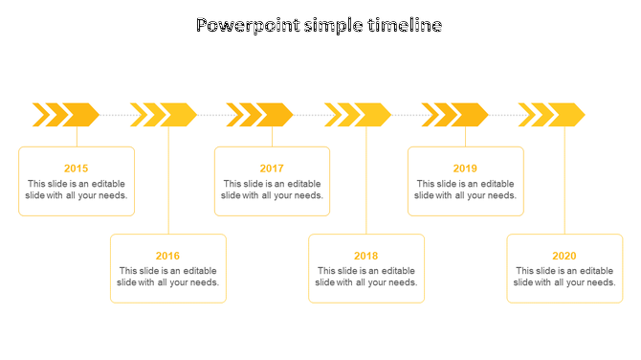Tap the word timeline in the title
[405, 26]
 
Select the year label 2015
[77, 169]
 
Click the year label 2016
[167, 256]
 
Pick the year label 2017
[272, 169]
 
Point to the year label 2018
[365, 256]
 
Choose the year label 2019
[465, 169]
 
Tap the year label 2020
[564, 256]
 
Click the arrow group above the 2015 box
[66, 115]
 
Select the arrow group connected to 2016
[164, 115]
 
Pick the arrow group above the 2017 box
[260, 115]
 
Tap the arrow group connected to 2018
[359, 115]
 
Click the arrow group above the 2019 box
[455, 115]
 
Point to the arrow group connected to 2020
[552, 115]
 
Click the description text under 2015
[77, 190]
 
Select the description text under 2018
[365, 277]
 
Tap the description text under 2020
[564, 277]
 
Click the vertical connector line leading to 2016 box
[169, 182]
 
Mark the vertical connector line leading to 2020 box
[565, 182]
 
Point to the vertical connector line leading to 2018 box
[366, 182]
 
